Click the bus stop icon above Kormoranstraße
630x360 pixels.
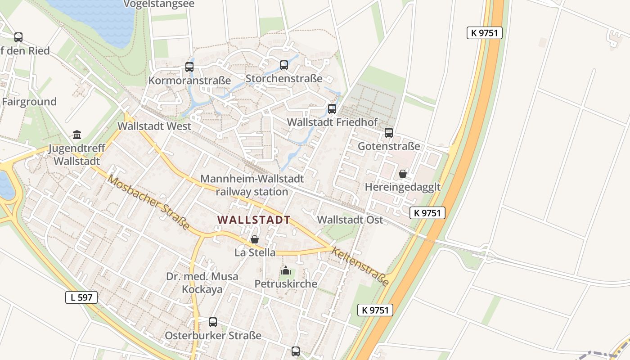coord(189,67)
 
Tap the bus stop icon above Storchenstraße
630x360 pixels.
coord(284,65)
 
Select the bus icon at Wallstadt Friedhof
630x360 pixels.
coord(332,108)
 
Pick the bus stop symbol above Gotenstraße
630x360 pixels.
coord(389,133)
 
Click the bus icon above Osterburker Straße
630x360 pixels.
coord(213,322)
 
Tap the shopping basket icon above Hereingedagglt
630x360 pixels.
coord(403,174)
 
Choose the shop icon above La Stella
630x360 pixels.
coord(255,239)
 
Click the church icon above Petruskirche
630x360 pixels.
coord(286,270)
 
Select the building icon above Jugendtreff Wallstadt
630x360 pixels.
coord(77,135)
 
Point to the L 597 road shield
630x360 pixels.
coord(81,297)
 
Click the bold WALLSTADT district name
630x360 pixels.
coord(254,220)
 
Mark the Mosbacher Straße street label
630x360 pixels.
coord(148,202)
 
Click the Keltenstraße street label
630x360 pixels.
coord(360,266)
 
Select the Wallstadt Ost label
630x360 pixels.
coord(350,220)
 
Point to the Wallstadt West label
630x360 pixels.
coord(154,126)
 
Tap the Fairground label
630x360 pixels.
coord(29,102)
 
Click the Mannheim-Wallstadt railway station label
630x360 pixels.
coord(252,185)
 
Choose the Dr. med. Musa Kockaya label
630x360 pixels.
coord(202,283)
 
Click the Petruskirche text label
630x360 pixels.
coord(286,284)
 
